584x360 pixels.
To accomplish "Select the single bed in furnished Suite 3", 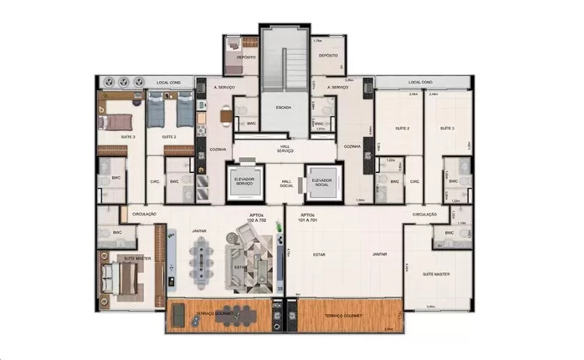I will tap(112, 123).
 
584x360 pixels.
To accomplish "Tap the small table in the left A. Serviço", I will tap(226, 117).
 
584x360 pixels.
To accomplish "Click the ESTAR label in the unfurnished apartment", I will tap(320, 255).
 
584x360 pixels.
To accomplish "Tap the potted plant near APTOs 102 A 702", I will tap(278, 227).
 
